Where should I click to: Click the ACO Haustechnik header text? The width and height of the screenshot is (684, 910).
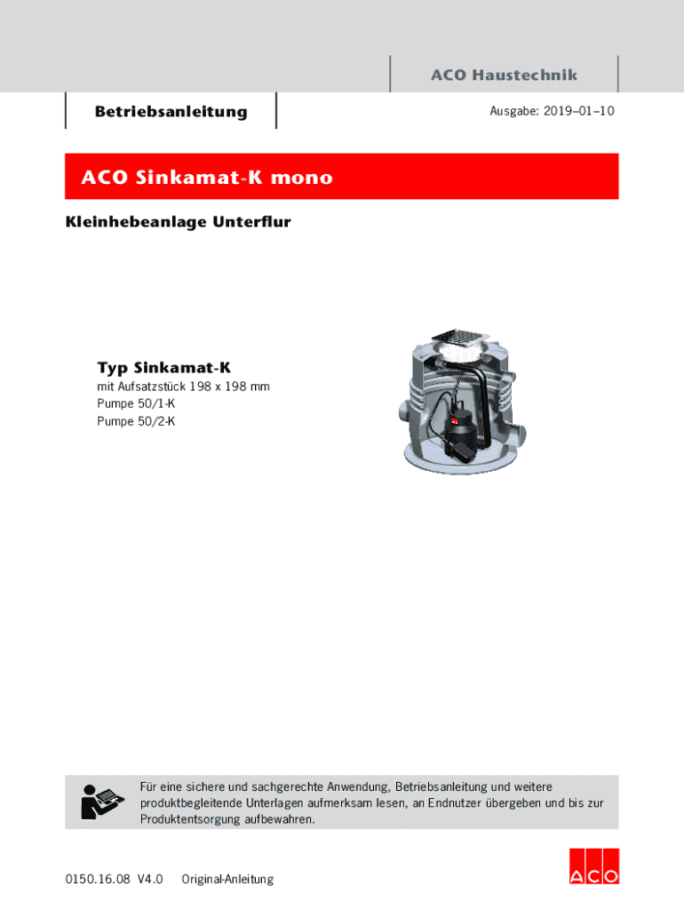(504, 76)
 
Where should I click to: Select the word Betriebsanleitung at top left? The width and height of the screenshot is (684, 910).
(171, 112)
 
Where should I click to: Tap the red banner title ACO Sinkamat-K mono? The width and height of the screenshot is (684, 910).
(207, 178)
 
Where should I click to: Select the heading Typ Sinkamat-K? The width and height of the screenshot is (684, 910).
(163, 367)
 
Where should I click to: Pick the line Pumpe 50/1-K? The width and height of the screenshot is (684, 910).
(136, 403)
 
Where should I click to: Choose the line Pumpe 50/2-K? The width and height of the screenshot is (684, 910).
(136, 421)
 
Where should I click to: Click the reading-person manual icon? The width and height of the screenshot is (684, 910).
(99, 802)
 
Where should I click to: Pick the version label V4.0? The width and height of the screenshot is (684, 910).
(150, 879)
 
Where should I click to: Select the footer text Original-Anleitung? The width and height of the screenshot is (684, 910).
(227, 879)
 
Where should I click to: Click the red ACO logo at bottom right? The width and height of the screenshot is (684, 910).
(593, 866)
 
